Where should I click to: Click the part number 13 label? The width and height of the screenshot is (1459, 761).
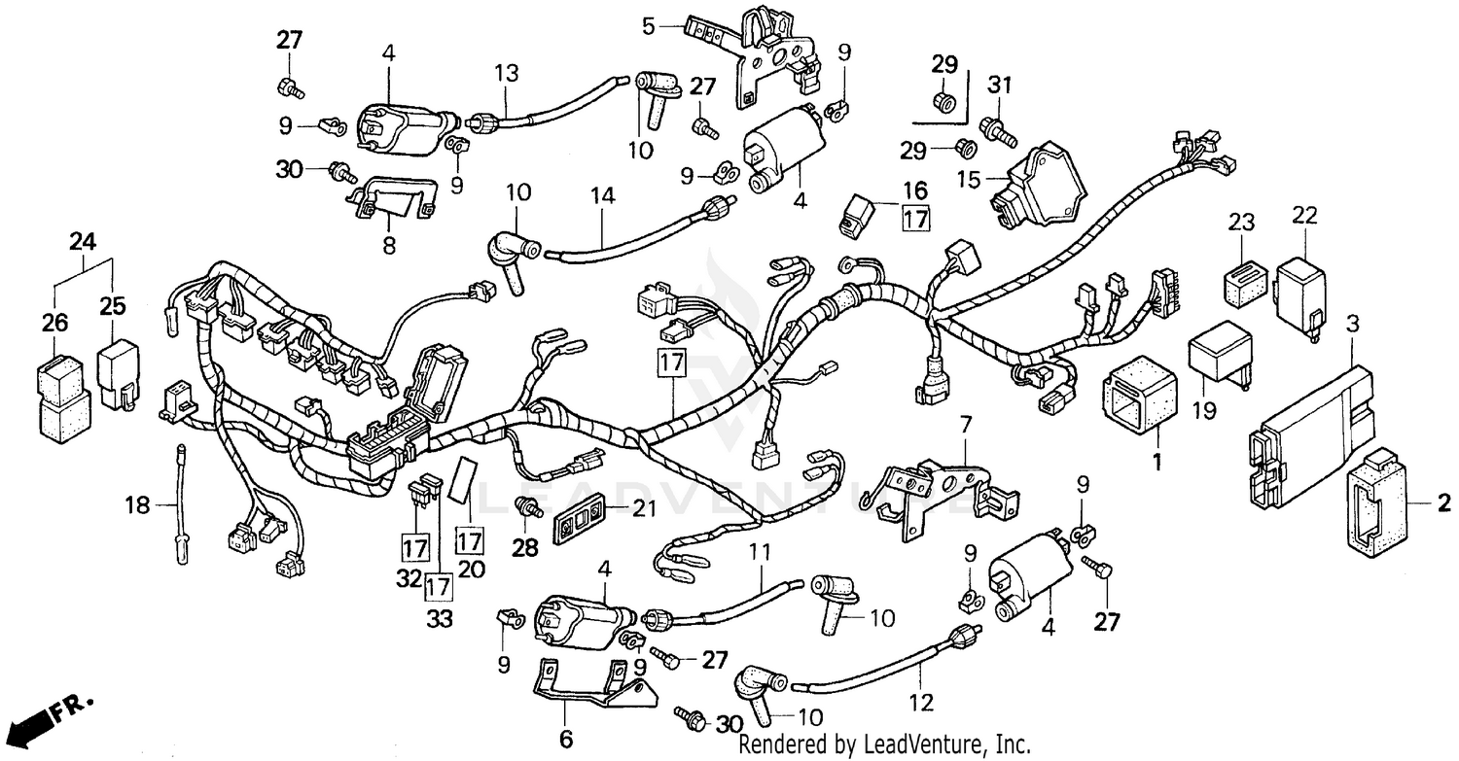pyautogui.click(x=506, y=72)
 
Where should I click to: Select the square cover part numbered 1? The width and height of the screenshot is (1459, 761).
pyautogui.click(x=1140, y=398)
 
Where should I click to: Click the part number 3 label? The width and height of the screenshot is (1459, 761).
pyautogui.click(x=1351, y=324)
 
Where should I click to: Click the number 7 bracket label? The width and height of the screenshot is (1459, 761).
pyautogui.click(x=965, y=424)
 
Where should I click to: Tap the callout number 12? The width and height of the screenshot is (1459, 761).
pyautogui.click(x=920, y=702)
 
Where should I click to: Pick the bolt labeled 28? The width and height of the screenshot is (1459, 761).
pyautogui.click(x=527, y=506)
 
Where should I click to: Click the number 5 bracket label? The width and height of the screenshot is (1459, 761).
pyautogui.click(x=649, y=25)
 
